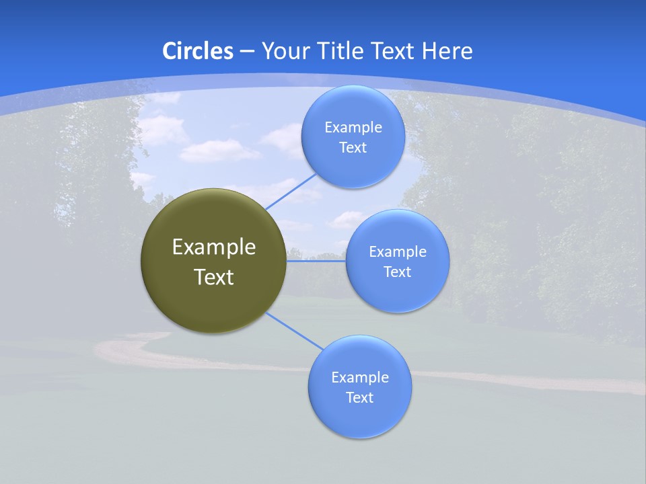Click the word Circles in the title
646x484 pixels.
[197, 51]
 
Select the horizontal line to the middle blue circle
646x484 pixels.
[316, 261]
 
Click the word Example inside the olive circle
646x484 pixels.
[214, 247]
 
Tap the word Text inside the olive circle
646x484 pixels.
[214, 277]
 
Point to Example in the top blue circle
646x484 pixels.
[353, 127]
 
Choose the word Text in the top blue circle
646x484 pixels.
[353, 147]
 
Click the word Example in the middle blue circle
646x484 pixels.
[398, 251]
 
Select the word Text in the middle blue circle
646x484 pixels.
[398, 272]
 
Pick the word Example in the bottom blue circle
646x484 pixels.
[360, 377]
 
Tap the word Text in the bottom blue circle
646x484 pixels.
[360, 397]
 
